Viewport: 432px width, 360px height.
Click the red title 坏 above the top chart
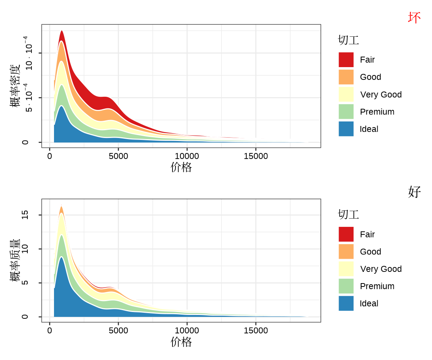(x=414, y=18)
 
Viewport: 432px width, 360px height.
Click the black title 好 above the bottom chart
(x=414, y=192)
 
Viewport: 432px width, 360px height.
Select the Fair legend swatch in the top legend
(x=346, y=60)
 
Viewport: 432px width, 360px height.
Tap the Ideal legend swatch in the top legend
(x=346, y=129)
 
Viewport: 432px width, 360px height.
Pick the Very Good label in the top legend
(x=381, y=94)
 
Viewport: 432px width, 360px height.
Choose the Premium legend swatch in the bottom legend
(x=346, y=286)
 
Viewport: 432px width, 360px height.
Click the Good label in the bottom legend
(x=370, y=252)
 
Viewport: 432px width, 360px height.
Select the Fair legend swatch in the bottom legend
(x=346, y=234)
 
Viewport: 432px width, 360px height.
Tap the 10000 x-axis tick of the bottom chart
(x=187, y=330)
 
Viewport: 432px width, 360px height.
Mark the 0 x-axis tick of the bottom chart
(x=49, y=330)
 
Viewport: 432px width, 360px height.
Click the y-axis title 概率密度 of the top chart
(x=15, y=85)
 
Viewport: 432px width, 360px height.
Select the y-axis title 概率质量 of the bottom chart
(x=15, y=260)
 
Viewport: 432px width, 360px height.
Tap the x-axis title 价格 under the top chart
(x=181, y=167)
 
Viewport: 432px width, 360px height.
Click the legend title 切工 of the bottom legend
(x=348, y=214)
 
